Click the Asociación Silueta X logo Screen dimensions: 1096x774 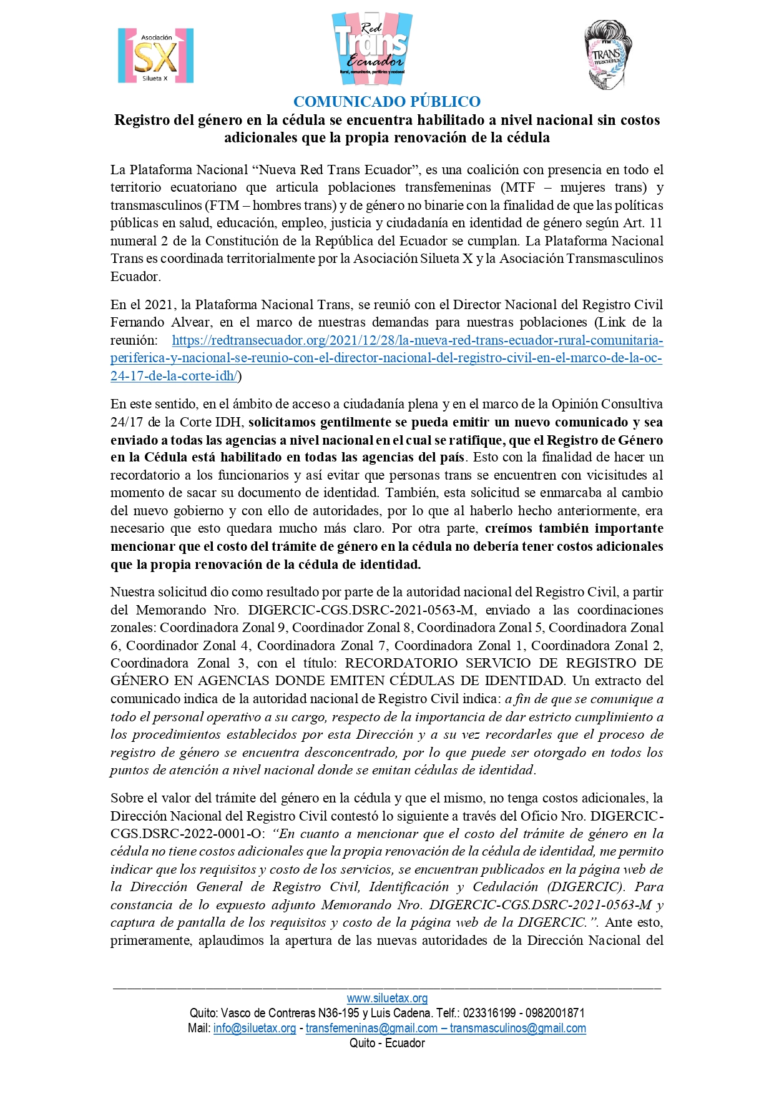coord(155,56)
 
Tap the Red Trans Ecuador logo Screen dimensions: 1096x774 coord(372,49)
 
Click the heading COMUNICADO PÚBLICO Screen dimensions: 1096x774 coord(387,101)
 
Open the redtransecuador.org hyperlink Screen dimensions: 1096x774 coord(386,358)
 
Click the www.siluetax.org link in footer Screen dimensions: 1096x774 coord(387,998)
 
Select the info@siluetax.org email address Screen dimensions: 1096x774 coord(255,1028)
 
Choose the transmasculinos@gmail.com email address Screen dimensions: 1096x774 coord(517,1028)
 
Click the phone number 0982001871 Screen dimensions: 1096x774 coord(555,1013)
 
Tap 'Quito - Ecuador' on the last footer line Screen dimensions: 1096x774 coord(387,1043)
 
